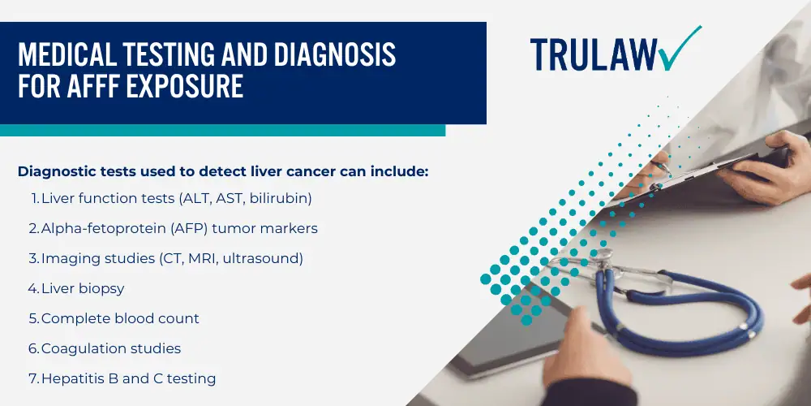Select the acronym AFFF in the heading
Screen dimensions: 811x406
pos(93,85)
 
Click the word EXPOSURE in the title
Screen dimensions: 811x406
pos(185,85)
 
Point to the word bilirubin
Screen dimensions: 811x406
pos(281,198)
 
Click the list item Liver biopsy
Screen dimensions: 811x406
pos(83,288)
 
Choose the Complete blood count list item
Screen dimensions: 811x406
pos(120,318)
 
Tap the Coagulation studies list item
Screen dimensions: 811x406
pos(111,348)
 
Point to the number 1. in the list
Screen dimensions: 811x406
pos(35,198)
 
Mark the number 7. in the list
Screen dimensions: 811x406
pos(34,378)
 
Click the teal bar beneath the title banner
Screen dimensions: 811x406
pos(222,130)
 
